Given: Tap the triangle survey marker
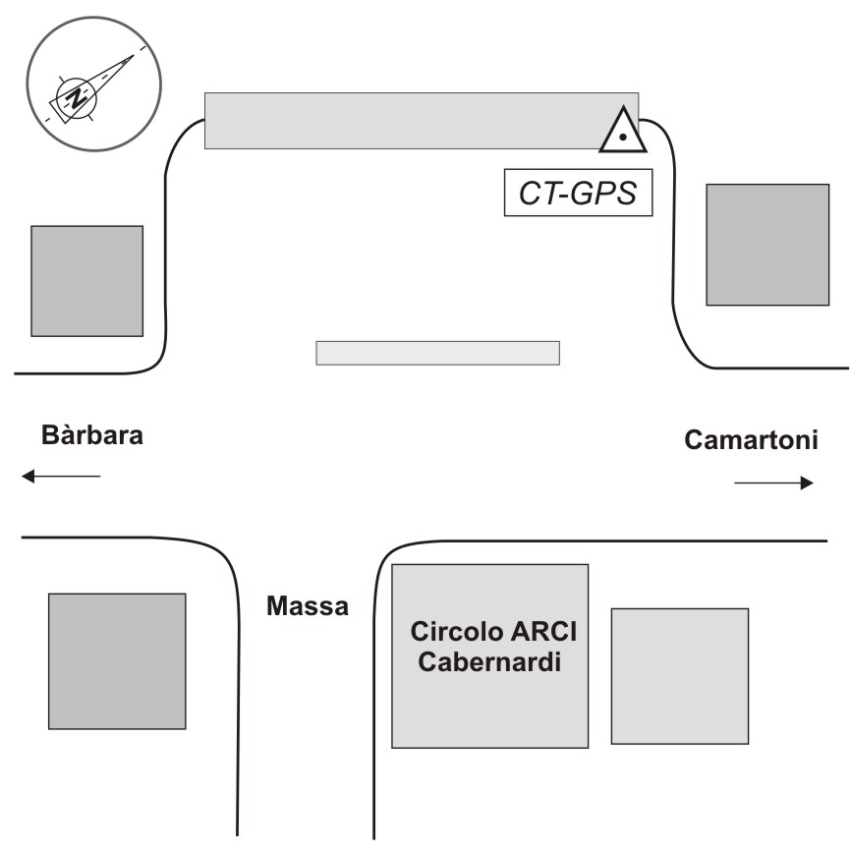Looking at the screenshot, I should (x=623, y=132).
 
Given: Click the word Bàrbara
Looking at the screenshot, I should (x=91, y=435).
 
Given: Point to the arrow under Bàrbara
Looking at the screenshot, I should (x=61, y=477).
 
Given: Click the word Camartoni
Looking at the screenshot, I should (x=752, y=440).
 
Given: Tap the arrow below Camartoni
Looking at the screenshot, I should (x=773, y=482).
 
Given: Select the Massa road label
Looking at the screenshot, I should (x=308, y=607).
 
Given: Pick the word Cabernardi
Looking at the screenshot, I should (x=489, y=661).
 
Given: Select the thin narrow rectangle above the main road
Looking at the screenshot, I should (x=437, y=353).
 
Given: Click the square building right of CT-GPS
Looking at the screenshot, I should (x=767, y=244).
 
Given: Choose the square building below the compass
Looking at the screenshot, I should (x=86, y=281).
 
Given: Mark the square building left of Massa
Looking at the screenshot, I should (x=117, y=661).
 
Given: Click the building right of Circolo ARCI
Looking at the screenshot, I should (x=679, y=676).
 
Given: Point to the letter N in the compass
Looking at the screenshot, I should (x=74, y=96).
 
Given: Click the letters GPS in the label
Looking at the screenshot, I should (x=603, y=194).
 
